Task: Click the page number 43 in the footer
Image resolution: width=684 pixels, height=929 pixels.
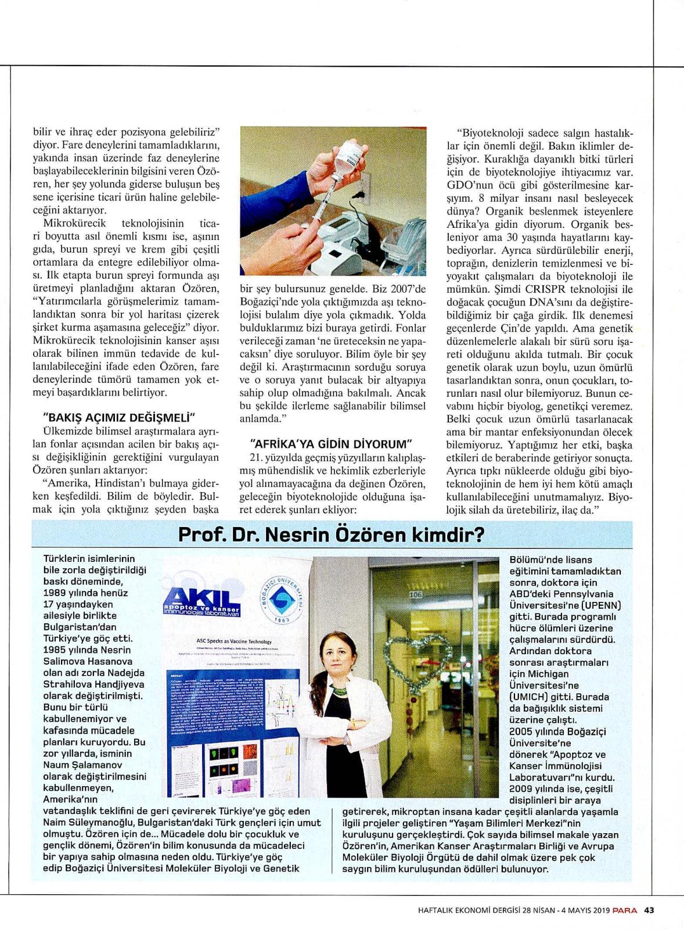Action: [649, 910]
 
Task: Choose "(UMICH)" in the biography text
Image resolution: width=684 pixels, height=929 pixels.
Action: [530, 697]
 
